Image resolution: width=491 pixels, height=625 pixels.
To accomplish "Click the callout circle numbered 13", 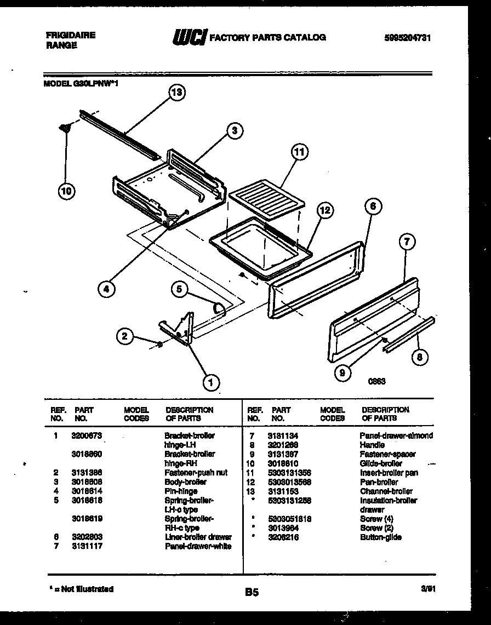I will pyautogui.click(x=176, y=93).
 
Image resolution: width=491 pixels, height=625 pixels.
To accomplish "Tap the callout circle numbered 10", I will pyautogui.click(x=66, y=191).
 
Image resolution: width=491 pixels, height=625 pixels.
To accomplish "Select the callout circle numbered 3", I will pyautogui.click(x=234, y=130).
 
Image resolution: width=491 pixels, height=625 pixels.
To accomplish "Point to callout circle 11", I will pyautogui.click(x=299, y=152).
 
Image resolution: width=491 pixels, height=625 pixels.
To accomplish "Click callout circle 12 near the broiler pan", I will pyautogui.click(x=324, y=210).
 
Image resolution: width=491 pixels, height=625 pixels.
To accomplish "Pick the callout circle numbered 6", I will pyautogui.click(x=373, y=207).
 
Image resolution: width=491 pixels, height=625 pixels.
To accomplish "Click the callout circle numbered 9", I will pyautogui.click(x=342, y=373).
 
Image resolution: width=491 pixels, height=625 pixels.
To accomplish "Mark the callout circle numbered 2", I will pyautogui.click(x=125, y=336).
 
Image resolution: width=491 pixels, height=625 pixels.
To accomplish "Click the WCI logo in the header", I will pyautogui.click(x=189, y=37).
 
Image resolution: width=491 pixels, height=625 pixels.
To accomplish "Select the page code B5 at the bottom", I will pyautogui.click(x=252, y=592).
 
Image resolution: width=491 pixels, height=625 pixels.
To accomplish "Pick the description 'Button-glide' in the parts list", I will pyautogui.click(x=381, y=537).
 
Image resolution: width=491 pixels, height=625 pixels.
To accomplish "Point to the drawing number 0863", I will pyautogui.click(x=376, y=382).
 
